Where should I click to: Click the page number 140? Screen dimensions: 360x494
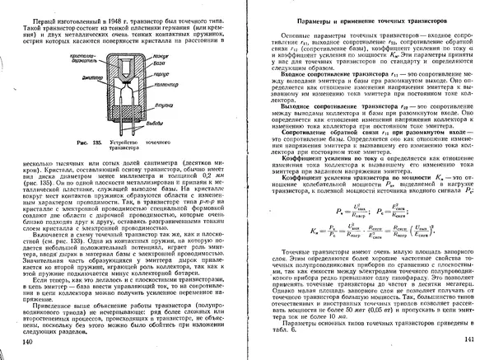[27, 341]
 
